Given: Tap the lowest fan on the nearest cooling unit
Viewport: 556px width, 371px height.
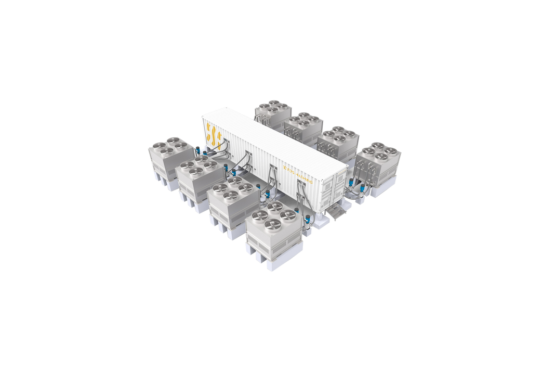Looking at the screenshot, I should [x=270, y=225].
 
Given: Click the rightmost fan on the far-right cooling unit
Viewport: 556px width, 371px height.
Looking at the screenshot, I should [x=392, y=150].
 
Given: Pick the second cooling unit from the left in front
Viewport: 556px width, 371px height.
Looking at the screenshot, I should [x=198, y=177].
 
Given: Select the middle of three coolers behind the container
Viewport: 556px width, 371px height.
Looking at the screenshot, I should [x=304, y=126].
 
